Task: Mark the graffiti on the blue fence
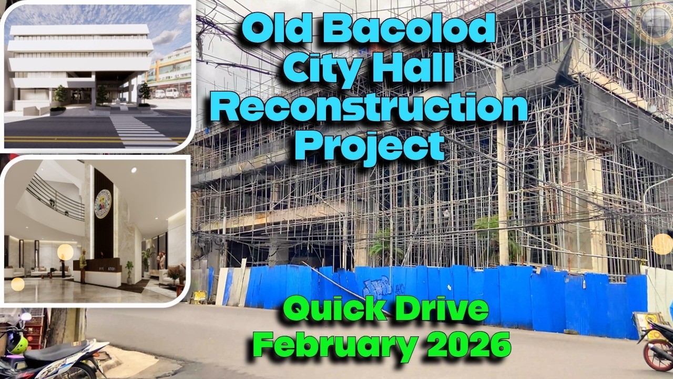pos(377,286)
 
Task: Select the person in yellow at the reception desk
pos(83,263)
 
